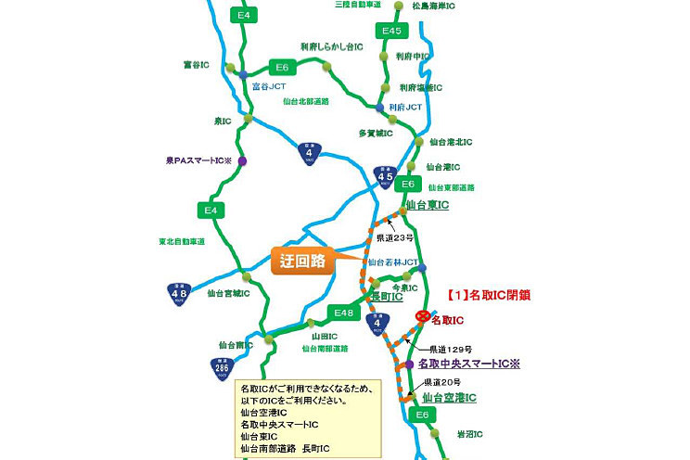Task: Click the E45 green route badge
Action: tap(392, 32)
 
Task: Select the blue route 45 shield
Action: tap(386, 175)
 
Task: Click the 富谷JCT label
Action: tap(269, 85)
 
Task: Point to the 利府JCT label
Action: tap(405, 108)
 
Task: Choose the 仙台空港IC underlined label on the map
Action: tap(449, 398)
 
